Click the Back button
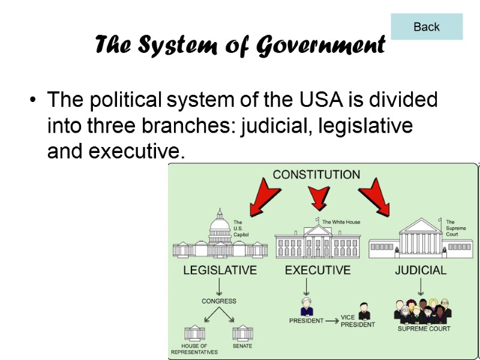pos(427,27)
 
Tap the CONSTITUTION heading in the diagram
pos(316,175)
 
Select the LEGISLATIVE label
pos(220,270)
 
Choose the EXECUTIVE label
pos(317,270)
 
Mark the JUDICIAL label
pos(421,270)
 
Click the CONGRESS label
pos(219,301)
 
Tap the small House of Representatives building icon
pos(194,332)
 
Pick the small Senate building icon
pos(242,332)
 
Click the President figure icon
pos(307,306)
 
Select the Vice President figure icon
pos(364,311)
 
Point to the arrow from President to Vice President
pos(332,320)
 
